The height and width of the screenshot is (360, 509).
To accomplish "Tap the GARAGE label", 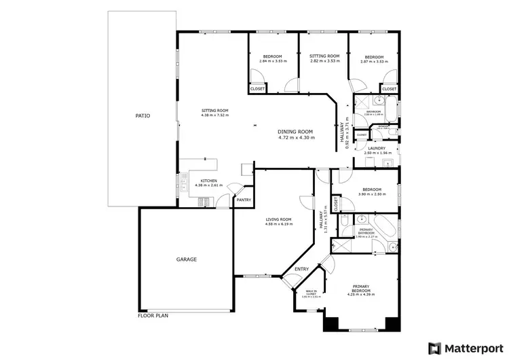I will click(187, 259).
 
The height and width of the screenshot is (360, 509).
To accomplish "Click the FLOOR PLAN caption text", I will click(153, 316).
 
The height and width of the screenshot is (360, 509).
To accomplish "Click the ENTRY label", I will click(301, 269).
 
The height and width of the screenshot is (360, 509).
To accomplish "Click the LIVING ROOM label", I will click(278, 219).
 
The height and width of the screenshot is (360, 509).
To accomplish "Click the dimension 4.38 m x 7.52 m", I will click(214, 115).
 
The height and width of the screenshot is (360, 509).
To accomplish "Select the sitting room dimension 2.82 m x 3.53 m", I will click(324, 61).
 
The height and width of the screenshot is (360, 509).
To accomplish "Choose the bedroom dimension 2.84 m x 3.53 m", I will click(273, 61).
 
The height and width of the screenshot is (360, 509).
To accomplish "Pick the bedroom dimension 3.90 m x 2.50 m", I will click(371, 194).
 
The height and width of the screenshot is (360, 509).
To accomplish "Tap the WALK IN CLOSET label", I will click(312, 293).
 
